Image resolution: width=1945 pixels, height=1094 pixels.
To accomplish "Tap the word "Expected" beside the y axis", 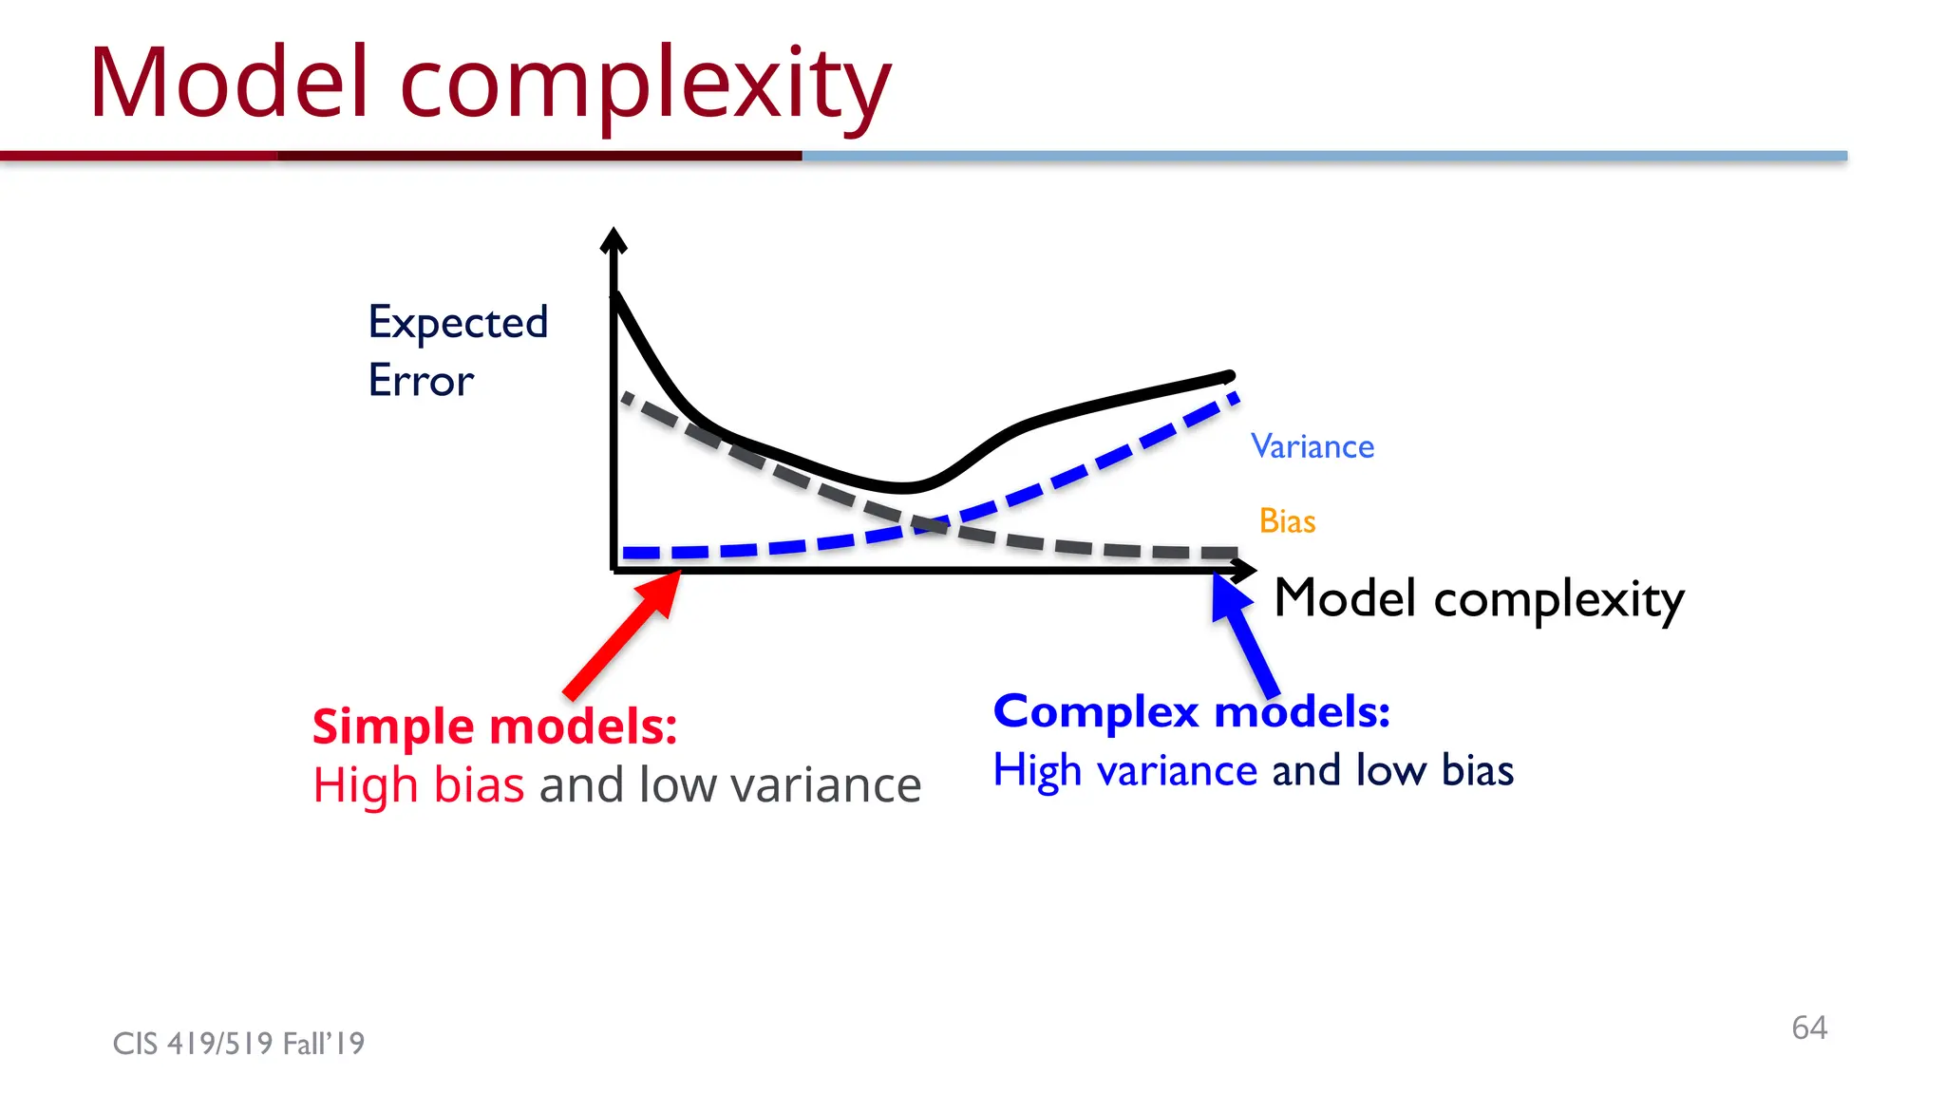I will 458,323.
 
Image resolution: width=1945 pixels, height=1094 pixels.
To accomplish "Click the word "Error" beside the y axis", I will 420,381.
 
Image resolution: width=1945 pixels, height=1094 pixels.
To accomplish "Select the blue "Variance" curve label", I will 1312,446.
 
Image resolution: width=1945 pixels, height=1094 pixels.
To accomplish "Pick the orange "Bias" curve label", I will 1287,521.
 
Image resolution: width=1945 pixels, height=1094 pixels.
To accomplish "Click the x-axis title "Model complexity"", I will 1479,599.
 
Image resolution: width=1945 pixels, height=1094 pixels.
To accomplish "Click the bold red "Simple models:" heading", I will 495,726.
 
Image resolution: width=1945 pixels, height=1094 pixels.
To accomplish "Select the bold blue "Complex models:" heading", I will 1191,711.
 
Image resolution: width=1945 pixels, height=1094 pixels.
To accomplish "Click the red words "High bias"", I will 418,785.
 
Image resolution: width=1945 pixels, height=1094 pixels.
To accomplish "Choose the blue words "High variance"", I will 1124,770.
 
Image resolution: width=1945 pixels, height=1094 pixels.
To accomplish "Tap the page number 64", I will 1808,1028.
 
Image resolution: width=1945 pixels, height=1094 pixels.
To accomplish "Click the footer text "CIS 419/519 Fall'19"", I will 238,1044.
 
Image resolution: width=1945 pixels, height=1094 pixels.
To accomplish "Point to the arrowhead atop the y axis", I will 614,239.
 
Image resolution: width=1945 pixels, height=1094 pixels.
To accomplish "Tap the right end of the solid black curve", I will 1229,376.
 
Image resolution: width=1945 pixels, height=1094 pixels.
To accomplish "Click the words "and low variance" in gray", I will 729,785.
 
